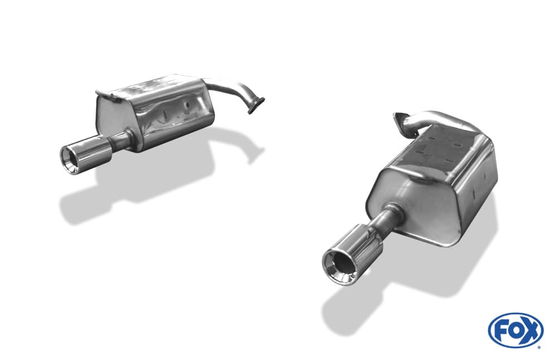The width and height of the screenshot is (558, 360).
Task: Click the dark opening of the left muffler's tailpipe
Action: coord(68,157)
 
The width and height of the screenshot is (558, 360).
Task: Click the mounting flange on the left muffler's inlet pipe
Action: coord(257,105)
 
